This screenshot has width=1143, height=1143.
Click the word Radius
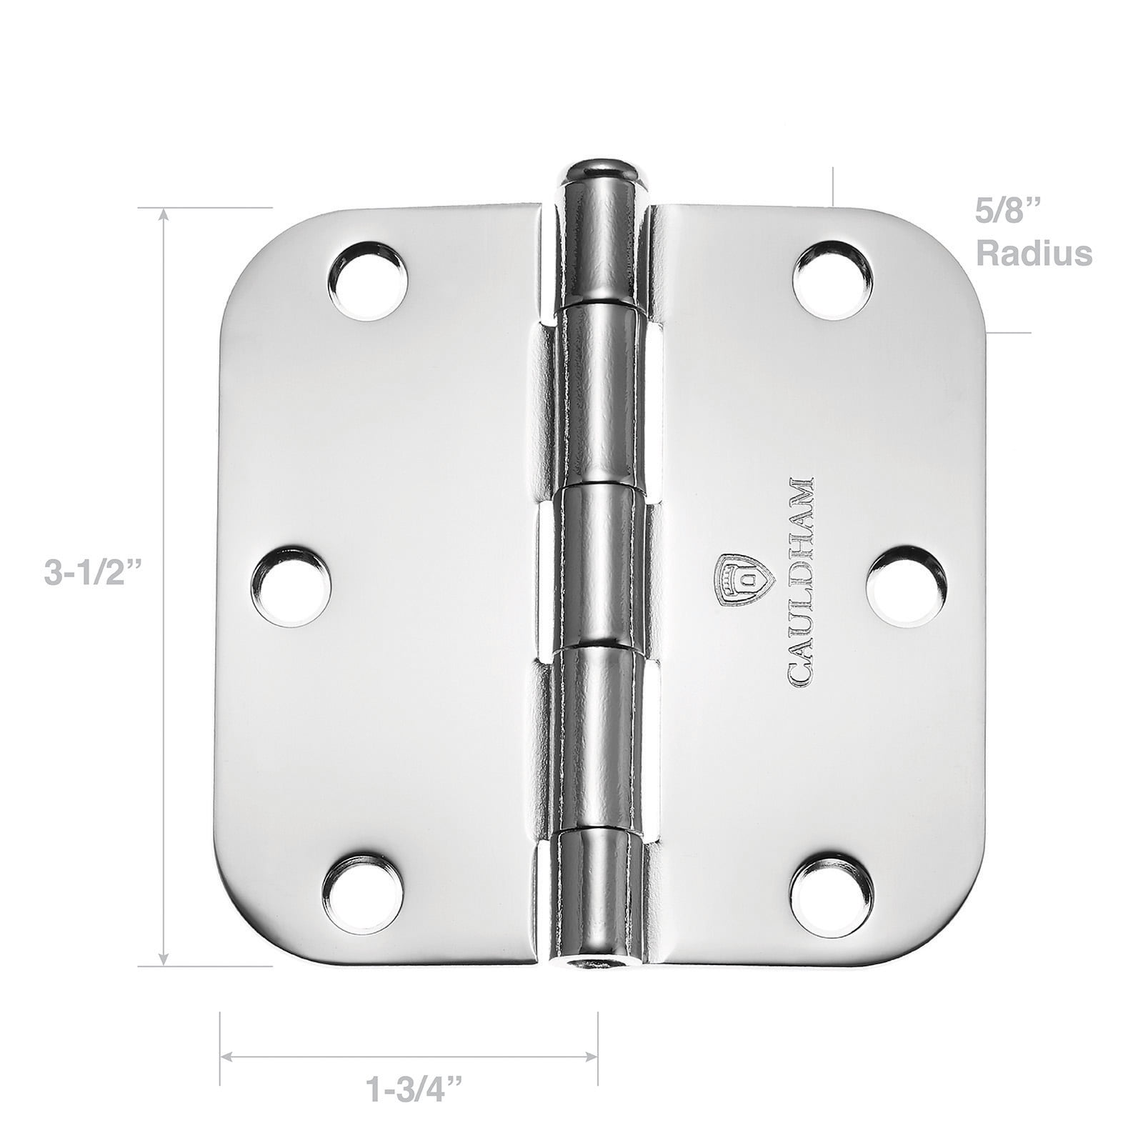click(1034, 253)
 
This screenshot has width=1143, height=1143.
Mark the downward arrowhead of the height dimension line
click(164, 959)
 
